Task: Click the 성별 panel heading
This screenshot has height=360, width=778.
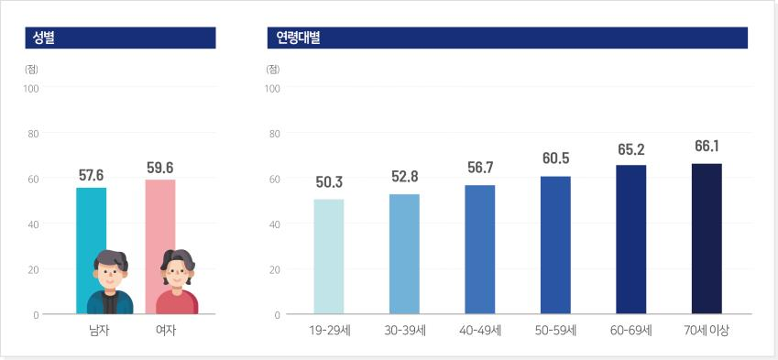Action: coord(44,38)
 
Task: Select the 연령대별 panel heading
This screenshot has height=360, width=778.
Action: coord(298,38)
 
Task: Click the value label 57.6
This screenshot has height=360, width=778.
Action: coord(92,175)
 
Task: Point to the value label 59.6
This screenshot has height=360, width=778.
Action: coord(160,168)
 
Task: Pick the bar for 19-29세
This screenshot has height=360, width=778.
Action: coord(329,256)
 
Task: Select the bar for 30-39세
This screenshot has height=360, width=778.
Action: coord(404,254)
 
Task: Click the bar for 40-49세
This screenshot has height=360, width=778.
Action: coord(480,249)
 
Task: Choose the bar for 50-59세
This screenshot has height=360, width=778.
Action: coord(555,245)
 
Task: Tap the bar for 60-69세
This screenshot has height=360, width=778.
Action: coord(631,239)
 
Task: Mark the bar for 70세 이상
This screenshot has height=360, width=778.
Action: coord(707,238)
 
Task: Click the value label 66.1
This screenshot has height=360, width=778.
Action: coord(707,147)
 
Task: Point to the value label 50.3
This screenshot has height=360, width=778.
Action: coord(329,182)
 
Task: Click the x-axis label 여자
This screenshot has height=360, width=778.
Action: coord(166,331)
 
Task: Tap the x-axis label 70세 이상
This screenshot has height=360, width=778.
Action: coord(706,331)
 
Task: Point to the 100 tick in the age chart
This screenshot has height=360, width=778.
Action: coord(274,88)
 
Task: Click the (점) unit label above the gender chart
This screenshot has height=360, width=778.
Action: coord(31,69)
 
